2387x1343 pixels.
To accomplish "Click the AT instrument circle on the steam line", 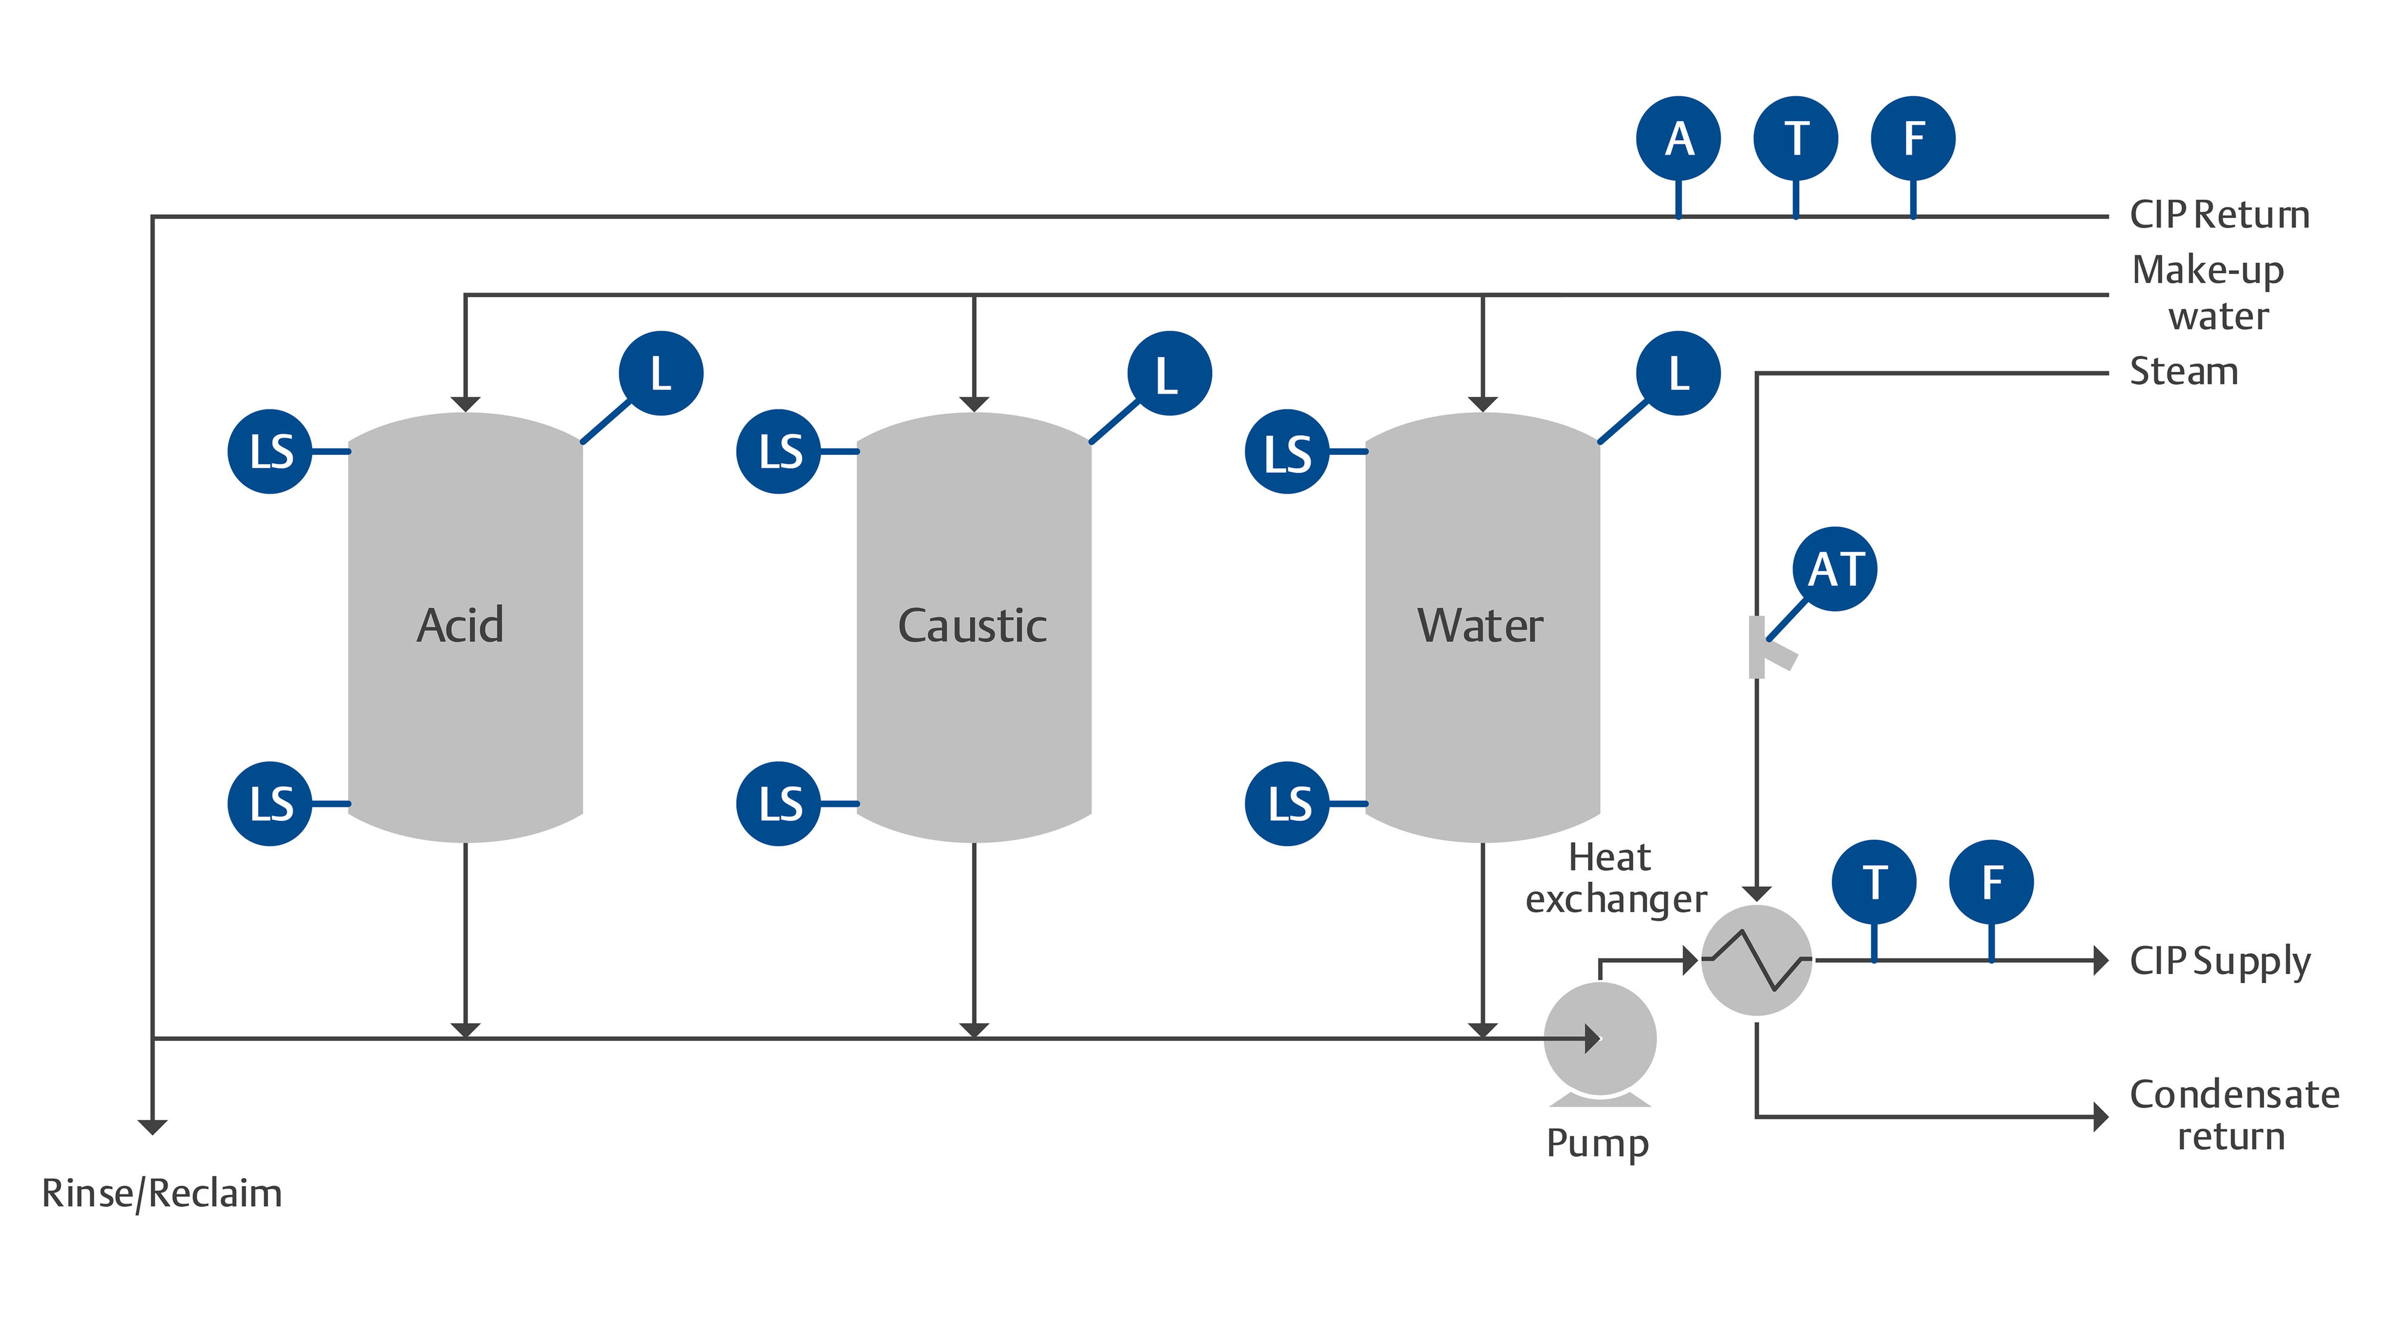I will [x=1835, y=569].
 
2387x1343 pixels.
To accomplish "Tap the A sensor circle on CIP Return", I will [x=1678, y=139].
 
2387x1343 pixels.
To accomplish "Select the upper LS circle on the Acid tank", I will [x=270, y=451].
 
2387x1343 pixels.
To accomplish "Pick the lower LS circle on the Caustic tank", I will [x=778, y=803].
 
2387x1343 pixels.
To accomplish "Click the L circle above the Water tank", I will [x=1678, y=374].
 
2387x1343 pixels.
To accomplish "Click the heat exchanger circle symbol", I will [x=1757, y=960].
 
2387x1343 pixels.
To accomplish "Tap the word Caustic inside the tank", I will [x=972, y=626].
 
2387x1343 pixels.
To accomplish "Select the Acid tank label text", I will [x=461, y=626].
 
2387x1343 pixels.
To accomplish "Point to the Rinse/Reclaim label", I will [x=162, y=1194].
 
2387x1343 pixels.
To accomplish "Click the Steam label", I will [x=2183, y=372].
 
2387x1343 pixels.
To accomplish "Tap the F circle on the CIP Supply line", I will [x=1991, y=882].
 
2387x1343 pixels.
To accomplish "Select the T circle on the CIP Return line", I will [x=1796, y=139].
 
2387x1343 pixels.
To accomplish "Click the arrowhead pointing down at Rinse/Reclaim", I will [x=152, y=1126].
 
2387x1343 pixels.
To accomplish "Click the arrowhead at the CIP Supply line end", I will [x=2101, y=960].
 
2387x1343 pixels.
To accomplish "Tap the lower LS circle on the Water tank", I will [x=1287, y=803].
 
